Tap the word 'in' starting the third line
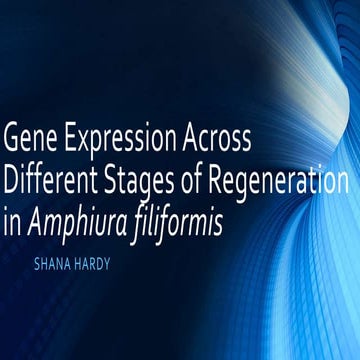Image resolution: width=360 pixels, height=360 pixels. click(13, 226)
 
